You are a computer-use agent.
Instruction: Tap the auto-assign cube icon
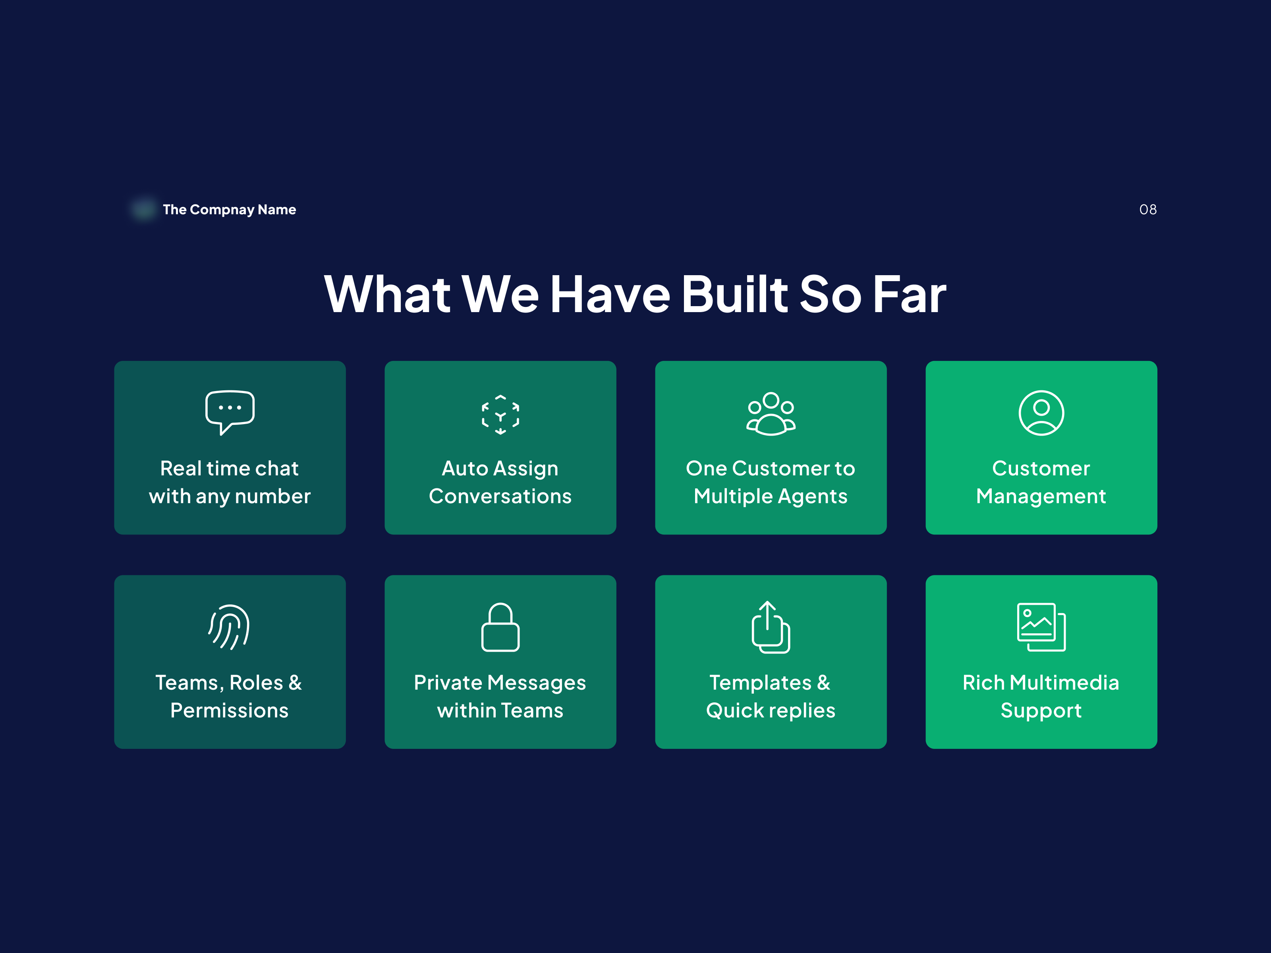pyautogui.click(x=500, y=414)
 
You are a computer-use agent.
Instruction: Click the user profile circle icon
pyautogui.click(x=1041, y=413)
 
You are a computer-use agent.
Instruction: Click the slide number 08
pyautogui.click(x=1148, y=210)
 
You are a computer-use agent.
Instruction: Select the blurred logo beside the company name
pyautogui.click(x=144, y=209)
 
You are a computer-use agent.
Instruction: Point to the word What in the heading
pyautogui.click(x=387, y=294)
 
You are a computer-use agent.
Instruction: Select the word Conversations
pyautogui.click(x=500, y=496)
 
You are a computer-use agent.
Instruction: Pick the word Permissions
pyautogui.click(x=229, y=711)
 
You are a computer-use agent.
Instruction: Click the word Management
pyautogui.click(x=1041, y=497)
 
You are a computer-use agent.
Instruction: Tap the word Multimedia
pyautogui.click(x=1064, y=683)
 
